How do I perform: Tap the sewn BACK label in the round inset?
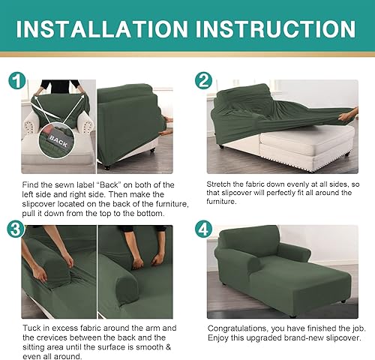(x=58, y=139)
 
